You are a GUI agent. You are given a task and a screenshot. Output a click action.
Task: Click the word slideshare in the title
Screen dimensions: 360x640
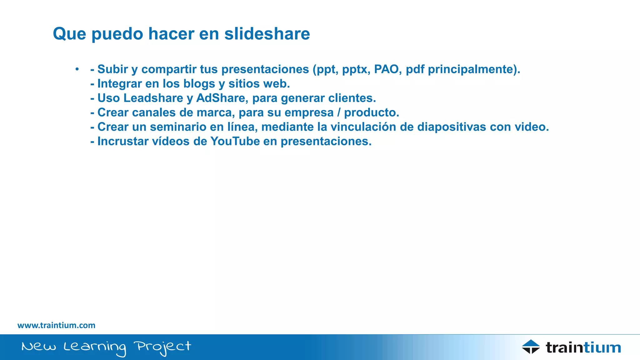point(267,34)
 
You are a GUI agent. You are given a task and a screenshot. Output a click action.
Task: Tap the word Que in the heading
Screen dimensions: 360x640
point(69,34)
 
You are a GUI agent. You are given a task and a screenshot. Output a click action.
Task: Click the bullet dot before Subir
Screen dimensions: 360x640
point(77,69)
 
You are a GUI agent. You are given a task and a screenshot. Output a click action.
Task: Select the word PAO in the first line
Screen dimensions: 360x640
point(386,69)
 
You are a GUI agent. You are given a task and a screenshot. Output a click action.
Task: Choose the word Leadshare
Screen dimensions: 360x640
point(153,98)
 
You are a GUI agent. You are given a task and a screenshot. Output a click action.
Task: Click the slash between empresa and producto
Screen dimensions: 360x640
point(339,112)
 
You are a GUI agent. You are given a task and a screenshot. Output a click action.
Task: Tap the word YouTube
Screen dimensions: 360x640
point(235,141)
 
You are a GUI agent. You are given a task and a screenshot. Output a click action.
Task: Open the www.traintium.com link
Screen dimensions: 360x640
point(56,325)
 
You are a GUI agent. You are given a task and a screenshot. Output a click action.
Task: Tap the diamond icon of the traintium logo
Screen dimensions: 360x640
point(531,347)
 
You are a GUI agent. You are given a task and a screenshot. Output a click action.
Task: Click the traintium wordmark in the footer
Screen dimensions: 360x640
point(583,347)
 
